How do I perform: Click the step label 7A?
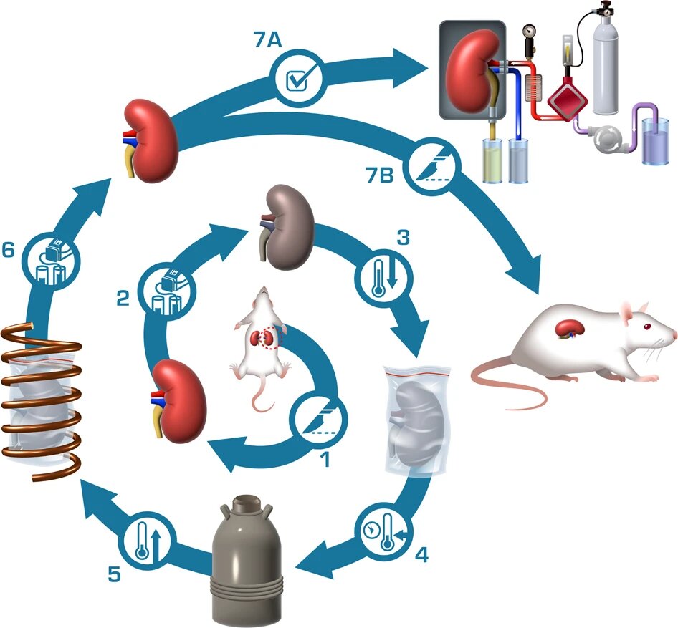[267, 42]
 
